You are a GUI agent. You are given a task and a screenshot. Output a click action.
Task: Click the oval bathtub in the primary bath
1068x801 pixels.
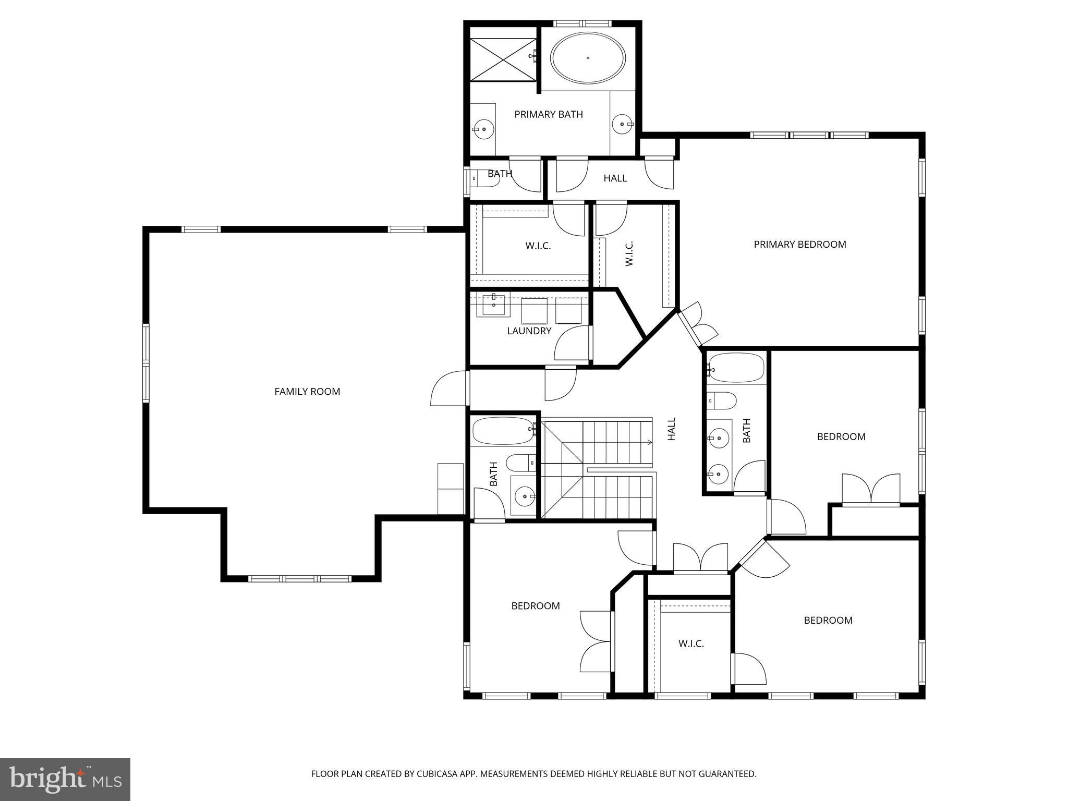point(588,58)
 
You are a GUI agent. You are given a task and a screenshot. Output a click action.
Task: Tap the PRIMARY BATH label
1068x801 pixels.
point(548,114)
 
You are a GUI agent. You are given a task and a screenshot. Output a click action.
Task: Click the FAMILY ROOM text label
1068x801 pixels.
point(307,391)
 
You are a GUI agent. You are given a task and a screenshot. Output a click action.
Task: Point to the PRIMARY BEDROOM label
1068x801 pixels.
point(799,244)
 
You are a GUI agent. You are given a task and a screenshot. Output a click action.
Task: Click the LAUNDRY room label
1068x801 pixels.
point(529,331)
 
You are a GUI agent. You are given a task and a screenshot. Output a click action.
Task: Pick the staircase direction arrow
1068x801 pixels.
point(649,442)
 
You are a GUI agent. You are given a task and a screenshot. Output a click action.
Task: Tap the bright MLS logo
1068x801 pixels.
point(65,779)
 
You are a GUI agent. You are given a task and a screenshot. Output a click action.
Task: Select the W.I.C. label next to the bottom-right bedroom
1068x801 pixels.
point(691,644)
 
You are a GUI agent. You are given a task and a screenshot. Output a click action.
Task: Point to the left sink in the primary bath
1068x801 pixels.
point(483,129)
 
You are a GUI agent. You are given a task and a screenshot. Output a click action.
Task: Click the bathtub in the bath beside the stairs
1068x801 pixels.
point(503,430)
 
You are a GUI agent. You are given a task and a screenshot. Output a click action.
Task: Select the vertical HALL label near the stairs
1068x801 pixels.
point(671,429)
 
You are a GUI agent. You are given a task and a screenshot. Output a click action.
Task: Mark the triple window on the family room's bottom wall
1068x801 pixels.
point(299,578)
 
